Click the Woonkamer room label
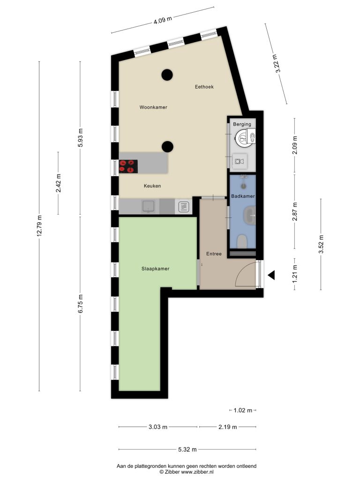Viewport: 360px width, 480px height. point(153,107)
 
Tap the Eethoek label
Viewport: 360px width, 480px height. point(204,87)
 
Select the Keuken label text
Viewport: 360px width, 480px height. point(152,186)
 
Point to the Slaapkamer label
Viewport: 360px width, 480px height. point(155,269)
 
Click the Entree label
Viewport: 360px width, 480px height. point(214,254)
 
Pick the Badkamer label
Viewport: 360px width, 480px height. point(243,196)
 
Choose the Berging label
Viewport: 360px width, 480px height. point(242,124)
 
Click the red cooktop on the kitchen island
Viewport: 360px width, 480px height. point(128,166)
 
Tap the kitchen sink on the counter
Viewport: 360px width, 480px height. point(149,206)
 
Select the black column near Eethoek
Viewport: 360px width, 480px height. point(167,75)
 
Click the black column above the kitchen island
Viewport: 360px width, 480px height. point(167,147)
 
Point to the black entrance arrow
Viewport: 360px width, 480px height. point(271,275)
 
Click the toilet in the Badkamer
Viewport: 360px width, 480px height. point(242,241)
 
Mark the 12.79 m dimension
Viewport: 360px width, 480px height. point(39,226)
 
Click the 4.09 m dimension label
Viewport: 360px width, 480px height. point(163,20)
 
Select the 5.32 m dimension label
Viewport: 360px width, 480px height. point(187,450)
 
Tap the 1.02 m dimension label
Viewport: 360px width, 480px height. point(243,410)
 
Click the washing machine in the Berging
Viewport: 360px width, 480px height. point(239,161)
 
